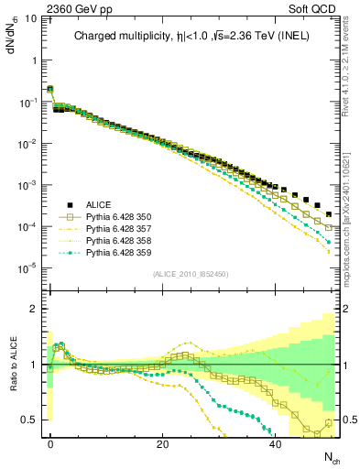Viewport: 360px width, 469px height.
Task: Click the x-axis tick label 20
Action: tap(163, 444)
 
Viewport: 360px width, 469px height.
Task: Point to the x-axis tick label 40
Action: tap(276, 444)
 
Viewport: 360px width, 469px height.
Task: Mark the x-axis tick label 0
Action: tap(50, 444)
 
